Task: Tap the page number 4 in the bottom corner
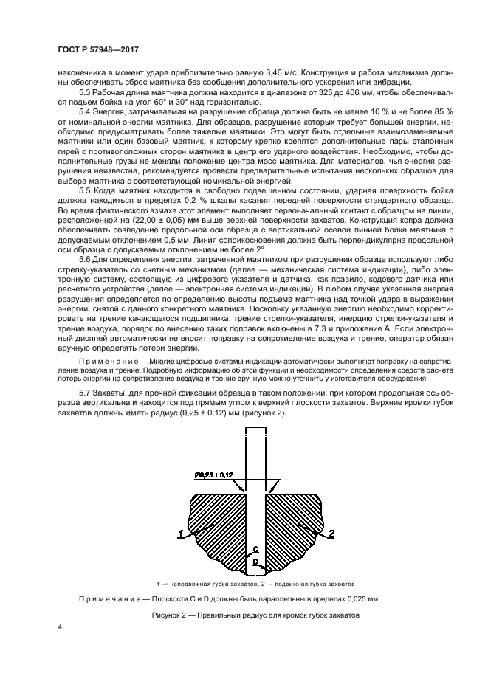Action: [x=61, y=627]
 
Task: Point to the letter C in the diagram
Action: [x=255, y=550]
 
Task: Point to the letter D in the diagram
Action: [x=255, y=562]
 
